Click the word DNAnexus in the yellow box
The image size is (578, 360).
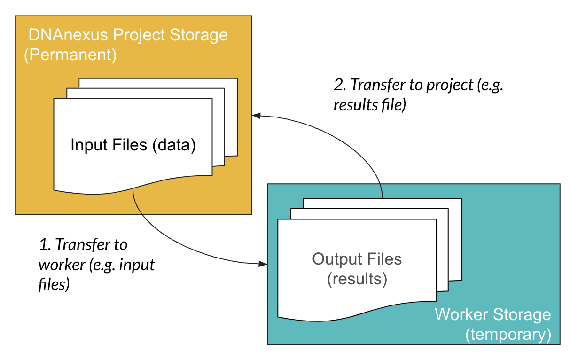click(x=68, y=35)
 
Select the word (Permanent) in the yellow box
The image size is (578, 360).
click(x=70, y=55)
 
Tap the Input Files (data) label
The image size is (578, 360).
click(x=133, y=145)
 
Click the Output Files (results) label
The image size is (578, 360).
click(x=357, y=269)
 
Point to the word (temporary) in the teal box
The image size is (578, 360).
click(x=508, y=335)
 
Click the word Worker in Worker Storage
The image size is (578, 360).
click(x=461, y=314)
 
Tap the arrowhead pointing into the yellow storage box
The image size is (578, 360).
click(x=257, y=116)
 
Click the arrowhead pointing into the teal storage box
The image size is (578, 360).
click(x=263, y=264)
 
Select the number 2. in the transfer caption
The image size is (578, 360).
click(x=340, y=85)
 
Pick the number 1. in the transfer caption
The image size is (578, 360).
click(x=45, y=244)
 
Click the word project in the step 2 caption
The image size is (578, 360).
click(x=450, y=85)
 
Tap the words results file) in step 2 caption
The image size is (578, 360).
click(x=370, y=105)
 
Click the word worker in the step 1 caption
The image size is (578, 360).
click(x=62, y=265)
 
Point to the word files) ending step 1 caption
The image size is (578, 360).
click(x=54, y=284)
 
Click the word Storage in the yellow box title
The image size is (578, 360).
click(x=199, y=35)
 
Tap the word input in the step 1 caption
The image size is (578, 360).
click(x=137, y=265)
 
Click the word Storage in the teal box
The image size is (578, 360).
click(x=522, y=315)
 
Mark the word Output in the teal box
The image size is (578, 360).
click(x=337, y=259)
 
